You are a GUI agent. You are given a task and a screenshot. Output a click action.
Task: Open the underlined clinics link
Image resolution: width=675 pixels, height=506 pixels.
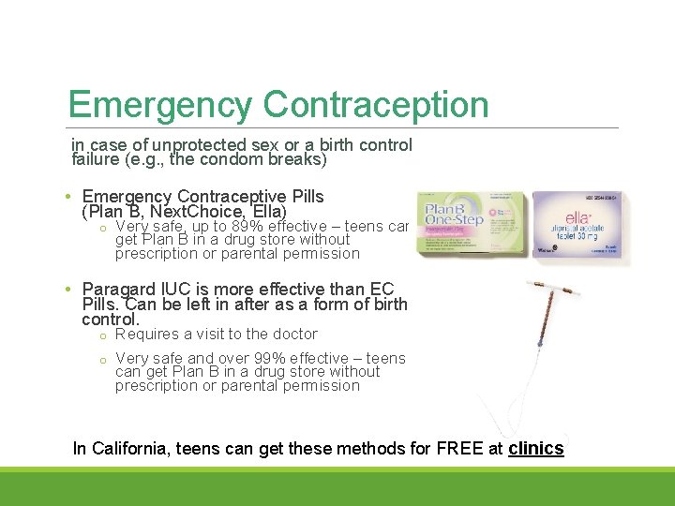pyautogui.click(x=535, y=449)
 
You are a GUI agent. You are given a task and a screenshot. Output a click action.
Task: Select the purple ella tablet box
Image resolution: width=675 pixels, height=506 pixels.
pyautogui.click(x=576, y=225)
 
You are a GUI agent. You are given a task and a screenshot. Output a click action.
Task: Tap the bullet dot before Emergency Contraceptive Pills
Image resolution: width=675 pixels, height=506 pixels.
pyautogui.click(x=70, y=198)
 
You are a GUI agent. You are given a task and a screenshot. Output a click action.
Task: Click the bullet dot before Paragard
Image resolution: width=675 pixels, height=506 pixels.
pyautogui.click(x=70, y=290)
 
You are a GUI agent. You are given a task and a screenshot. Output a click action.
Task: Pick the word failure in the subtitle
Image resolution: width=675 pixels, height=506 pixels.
pyautogui.click(x=95, y=159)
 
